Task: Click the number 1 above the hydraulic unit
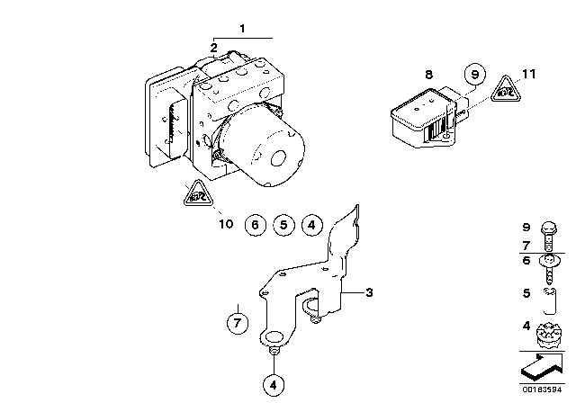[242, 29]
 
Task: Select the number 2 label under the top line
[213, 47]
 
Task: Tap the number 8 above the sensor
[428, 76]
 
